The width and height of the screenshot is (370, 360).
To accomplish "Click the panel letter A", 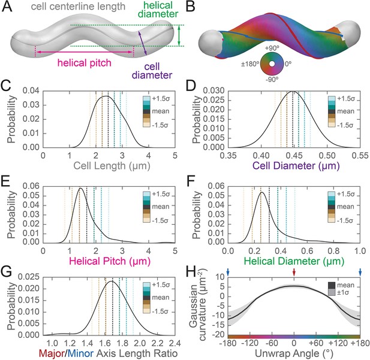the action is [7, 7].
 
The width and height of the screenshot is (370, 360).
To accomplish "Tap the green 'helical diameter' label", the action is [158, 10].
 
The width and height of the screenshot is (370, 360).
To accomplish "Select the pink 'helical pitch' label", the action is [84, 63].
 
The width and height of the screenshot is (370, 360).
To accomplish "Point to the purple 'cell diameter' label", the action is [152, 71].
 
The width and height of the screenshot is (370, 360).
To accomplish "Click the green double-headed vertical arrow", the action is [179, 35].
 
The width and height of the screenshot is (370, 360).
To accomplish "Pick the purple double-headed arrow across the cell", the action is [143, 43].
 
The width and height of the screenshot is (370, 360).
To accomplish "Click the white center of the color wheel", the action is [272, 64].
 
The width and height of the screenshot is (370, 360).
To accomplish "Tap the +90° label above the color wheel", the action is [272, 48].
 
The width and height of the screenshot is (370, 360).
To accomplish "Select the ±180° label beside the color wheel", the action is [250, 63].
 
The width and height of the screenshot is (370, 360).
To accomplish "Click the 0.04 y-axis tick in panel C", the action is [31, 91].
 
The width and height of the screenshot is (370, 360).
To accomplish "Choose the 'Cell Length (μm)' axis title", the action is [112, 166].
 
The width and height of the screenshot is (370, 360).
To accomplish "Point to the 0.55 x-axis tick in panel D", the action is [360, 156].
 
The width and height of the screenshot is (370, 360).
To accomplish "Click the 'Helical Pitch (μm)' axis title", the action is [110, 261].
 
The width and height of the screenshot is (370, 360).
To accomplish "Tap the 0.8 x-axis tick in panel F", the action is [333, 251].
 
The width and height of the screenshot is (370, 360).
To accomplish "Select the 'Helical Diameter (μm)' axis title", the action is [294, 261].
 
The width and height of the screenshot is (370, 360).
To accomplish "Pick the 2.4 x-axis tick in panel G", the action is [175, 343].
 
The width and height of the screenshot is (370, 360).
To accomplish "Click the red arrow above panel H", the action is [294, 272].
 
